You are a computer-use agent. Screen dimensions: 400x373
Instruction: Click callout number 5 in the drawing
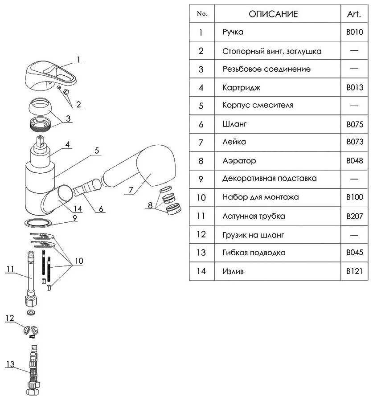point(96,150)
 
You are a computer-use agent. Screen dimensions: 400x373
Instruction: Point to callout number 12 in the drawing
point(10,318)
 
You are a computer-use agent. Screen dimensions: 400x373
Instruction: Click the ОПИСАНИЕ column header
point(273,14)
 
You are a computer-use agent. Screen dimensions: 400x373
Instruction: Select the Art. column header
point(354,14)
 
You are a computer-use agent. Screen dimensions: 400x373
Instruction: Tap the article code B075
point(355,124)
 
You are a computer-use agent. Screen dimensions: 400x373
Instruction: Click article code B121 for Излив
point(355,271)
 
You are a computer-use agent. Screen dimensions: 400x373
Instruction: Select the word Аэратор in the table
point(239,160)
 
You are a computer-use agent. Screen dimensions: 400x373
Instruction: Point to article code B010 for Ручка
point(355,32)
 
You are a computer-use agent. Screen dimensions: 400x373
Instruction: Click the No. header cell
point(202,14)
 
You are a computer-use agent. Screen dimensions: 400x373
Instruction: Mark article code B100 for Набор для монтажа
point(355,197)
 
